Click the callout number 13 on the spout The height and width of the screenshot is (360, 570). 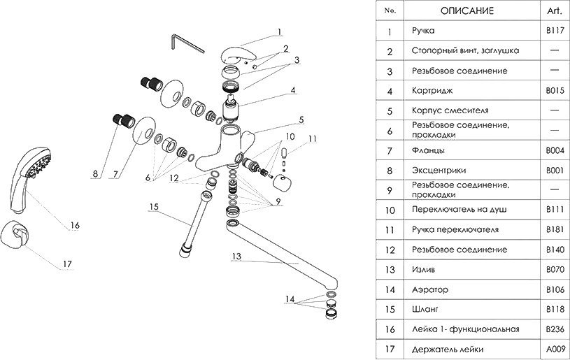coord(236,257)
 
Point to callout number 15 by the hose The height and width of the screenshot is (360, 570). coord(155,207)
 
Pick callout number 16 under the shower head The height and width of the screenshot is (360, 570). coord(75,225)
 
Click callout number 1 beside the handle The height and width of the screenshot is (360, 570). coord(279,31)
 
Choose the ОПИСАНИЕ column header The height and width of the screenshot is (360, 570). coord(468,11)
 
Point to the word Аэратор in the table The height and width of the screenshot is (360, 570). coord(431,289)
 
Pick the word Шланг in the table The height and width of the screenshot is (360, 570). coord(427,309)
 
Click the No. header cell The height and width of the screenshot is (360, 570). coord(390,11)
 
